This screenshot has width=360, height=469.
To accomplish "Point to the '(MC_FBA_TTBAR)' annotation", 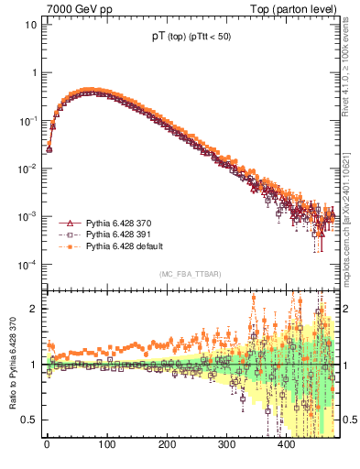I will click(189, 275).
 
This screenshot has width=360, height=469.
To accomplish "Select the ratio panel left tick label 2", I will click(33, 309).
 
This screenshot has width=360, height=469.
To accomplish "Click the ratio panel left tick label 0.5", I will click(30, 420).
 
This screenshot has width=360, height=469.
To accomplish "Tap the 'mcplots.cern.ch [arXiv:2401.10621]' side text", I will click(351, 196).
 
